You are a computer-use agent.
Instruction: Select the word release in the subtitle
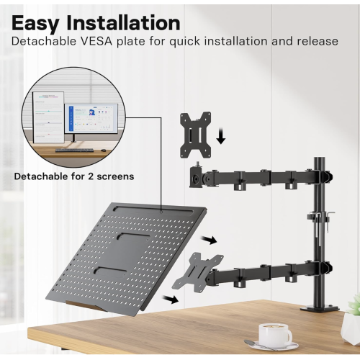314,41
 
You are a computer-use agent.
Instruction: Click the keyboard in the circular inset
75,150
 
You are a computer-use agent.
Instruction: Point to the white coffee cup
274,333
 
